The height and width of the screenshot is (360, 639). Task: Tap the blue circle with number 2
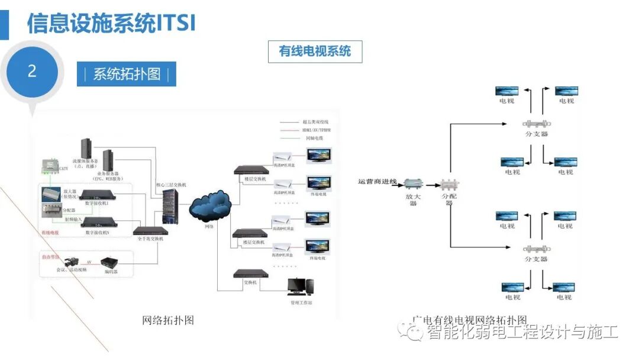32,72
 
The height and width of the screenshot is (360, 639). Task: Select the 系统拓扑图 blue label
127,75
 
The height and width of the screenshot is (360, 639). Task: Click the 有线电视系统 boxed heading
315,52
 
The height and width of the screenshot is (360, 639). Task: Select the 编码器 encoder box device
112,262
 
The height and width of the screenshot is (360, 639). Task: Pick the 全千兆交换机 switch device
149,230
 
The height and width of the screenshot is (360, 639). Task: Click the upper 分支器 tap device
536,124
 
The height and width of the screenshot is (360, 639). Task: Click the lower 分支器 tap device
536,249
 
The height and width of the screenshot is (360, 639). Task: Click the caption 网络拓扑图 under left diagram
168,320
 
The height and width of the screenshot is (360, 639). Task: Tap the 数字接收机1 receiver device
97,195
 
